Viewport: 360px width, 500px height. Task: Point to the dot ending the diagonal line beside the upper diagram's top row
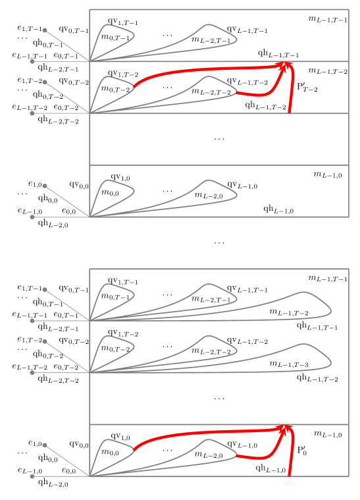tap(45, 30)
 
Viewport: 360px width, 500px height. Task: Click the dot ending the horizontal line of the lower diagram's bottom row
tap(32, 476)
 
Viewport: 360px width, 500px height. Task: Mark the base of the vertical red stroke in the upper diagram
tap(290, 112)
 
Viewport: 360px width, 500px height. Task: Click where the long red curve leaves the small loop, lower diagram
tap(134, 449)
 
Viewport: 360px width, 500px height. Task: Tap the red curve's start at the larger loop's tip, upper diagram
tap(236, 92)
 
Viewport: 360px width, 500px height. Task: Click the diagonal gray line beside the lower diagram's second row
tap(66, 357)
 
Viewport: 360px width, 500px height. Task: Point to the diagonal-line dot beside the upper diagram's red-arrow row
tap(45, 82)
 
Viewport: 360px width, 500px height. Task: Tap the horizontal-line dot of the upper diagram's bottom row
tap(32, 217)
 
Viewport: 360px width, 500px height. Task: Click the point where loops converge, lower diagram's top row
tap(90, 321)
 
